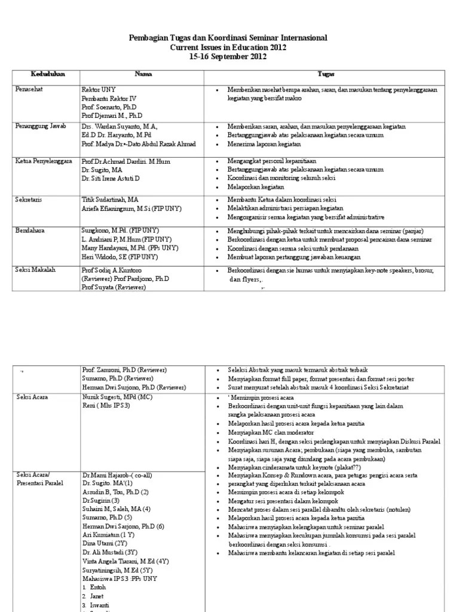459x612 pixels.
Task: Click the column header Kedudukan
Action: coord(48,74)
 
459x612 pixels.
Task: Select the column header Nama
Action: coord(143,74)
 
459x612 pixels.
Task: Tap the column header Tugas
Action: coord(326,74)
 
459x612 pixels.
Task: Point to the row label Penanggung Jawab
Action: coord(41,127)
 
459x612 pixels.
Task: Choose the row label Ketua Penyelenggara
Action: coord(44,161)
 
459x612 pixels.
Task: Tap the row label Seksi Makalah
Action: coord(36,270)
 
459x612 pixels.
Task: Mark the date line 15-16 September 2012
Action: coord(228,57)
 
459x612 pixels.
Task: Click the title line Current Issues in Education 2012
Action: coord(228,47)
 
